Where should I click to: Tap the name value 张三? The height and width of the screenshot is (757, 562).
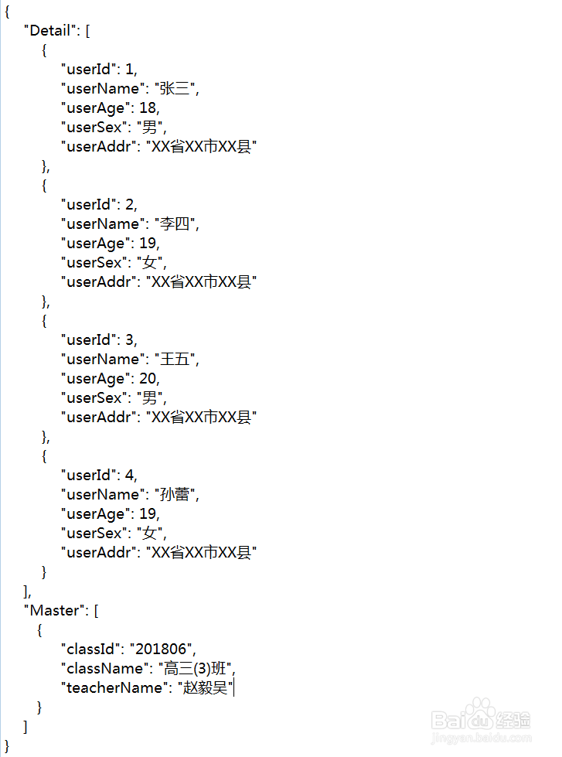click(x=175, y=89)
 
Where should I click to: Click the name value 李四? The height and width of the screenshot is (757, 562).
click(x=175, y=224)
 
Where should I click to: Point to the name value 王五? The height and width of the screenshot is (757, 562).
click(x=175, y=360)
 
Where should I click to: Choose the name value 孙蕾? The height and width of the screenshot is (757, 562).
click(x=175, y=495)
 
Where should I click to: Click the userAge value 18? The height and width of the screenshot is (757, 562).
click(x=148, y=108)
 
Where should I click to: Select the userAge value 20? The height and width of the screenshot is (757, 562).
click(x=148, y=379)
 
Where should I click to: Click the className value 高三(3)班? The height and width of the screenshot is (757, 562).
click(x=196, y=669)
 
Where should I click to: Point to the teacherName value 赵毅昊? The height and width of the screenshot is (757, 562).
click(x=205, y=688)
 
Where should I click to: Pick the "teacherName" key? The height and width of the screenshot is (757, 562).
click(x=115, y=688)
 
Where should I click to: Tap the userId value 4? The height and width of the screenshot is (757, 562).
click(x=130, y=476)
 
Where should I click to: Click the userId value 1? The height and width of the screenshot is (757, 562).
click(x=129, y=70)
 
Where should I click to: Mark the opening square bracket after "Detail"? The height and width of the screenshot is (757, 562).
click(x=88, y=31)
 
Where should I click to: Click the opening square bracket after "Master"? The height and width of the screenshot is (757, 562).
click(x=96, y=611)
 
